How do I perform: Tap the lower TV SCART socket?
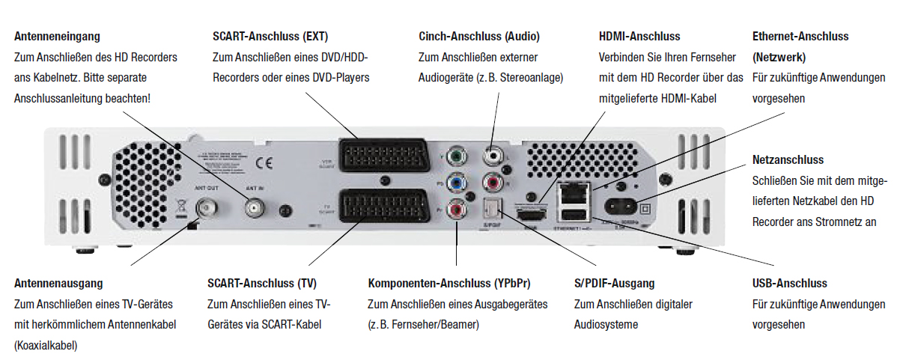[383, 207]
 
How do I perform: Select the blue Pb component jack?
[454, 182]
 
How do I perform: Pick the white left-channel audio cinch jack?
[493, 156]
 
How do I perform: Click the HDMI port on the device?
[532, 215]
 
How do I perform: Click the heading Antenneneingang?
[57, 36]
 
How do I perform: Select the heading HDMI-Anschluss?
[640, 36]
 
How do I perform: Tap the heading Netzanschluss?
[788, 160]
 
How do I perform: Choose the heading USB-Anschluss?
[789, 284]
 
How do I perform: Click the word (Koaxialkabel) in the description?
[46, 346]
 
